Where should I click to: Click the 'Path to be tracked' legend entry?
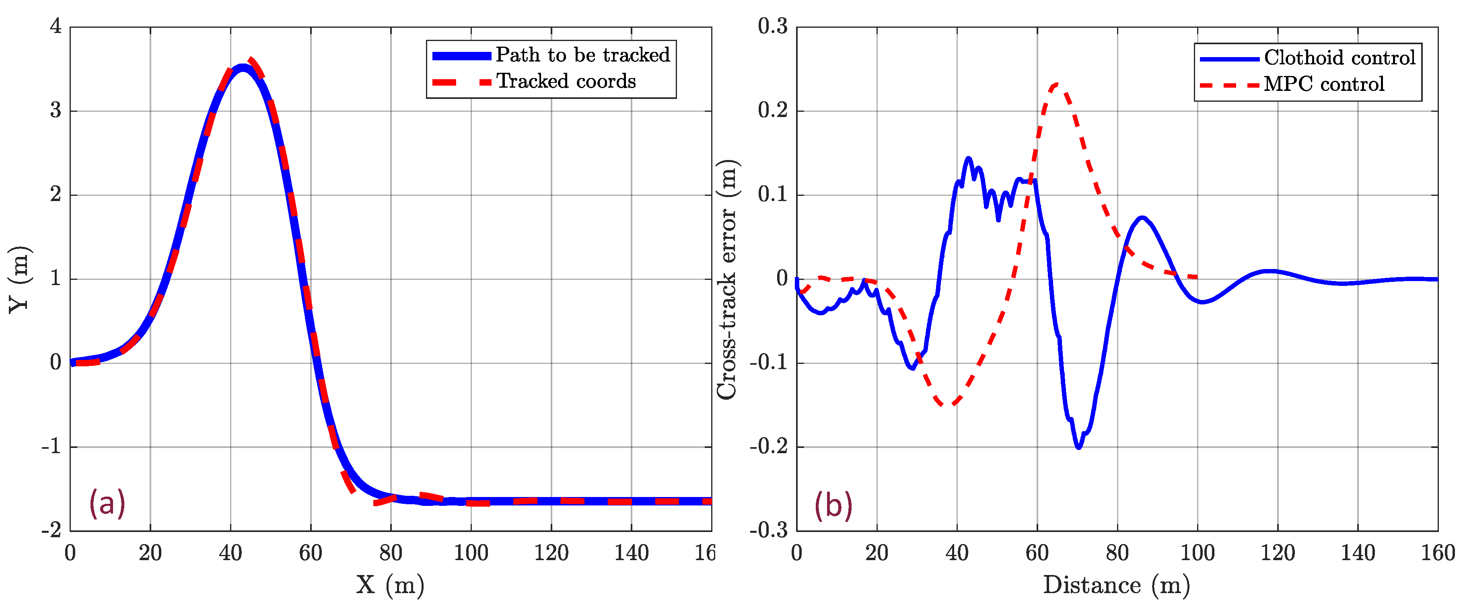[582, 55]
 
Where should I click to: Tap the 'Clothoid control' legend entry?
[1339, 58]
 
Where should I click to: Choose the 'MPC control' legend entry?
[1323, 84]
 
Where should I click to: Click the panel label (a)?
[107, 503]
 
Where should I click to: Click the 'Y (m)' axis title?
[19, 279]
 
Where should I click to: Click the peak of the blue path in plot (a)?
[243, 68]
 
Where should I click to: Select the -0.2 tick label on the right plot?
[769, 447]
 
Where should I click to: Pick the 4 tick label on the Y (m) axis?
[56, 26]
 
